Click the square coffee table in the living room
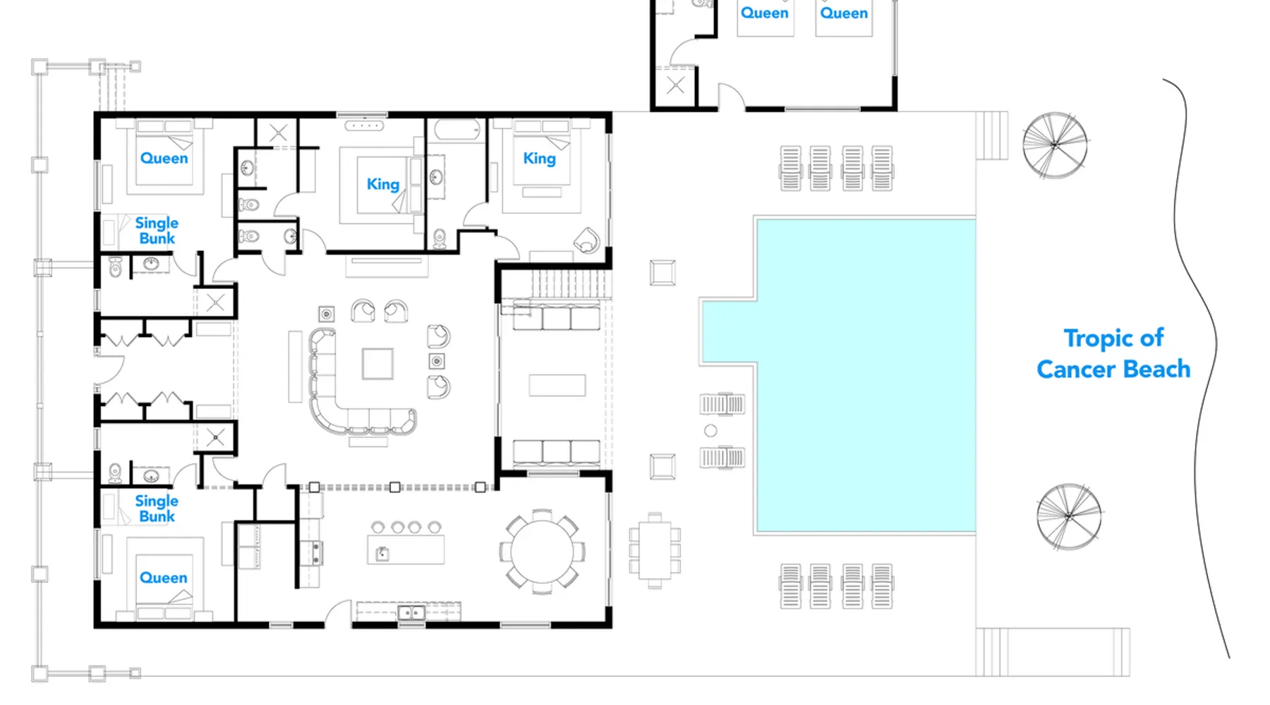click(x=377, y=364)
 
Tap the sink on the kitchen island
click(x=382, y=553)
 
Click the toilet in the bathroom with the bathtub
click(x=439, y=239)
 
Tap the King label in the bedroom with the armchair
click(x=540, y=159)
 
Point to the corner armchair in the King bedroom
click(x=586, y=240)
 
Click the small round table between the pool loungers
click(x=710, y=431)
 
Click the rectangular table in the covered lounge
click(x=557, y=386)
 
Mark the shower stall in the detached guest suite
click(x=675, y=87)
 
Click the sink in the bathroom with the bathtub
click(x=435, y=176)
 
